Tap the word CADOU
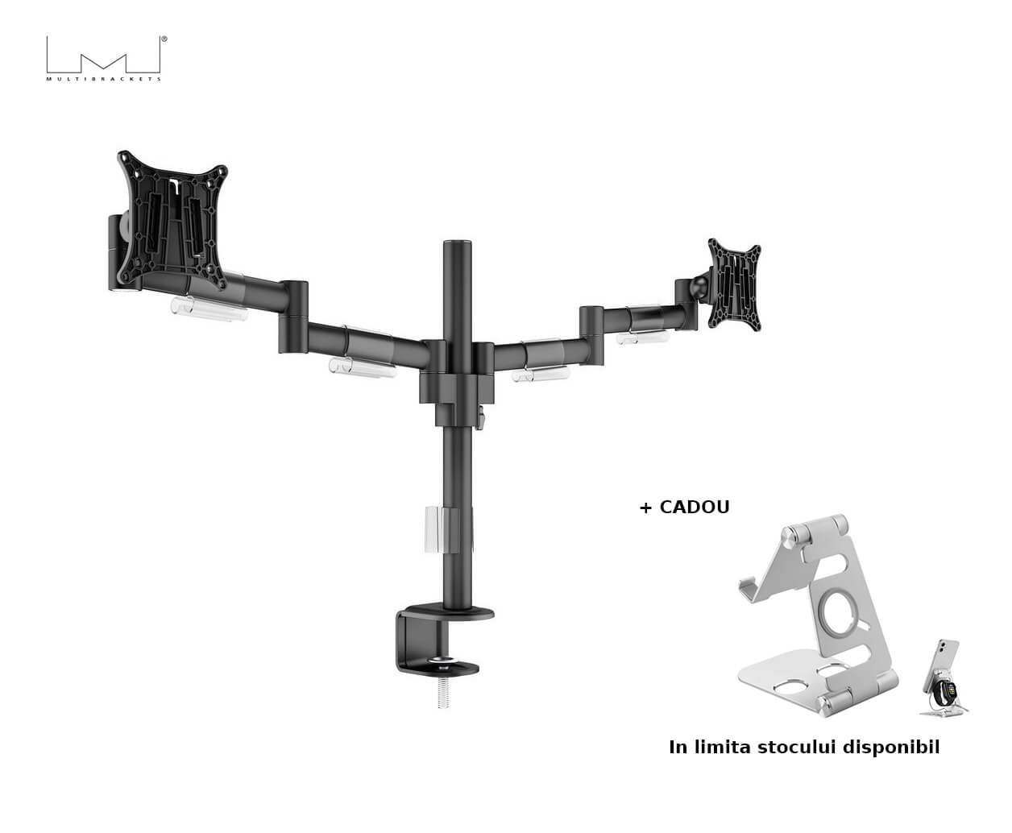pyautogui.click(x=694, y=508)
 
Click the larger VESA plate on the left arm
pyautogui.click(x=172, y=220)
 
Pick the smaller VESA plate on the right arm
pyautogui.click(x=735, y=284)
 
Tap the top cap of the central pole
pyautogui.click(x=458, y=245)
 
